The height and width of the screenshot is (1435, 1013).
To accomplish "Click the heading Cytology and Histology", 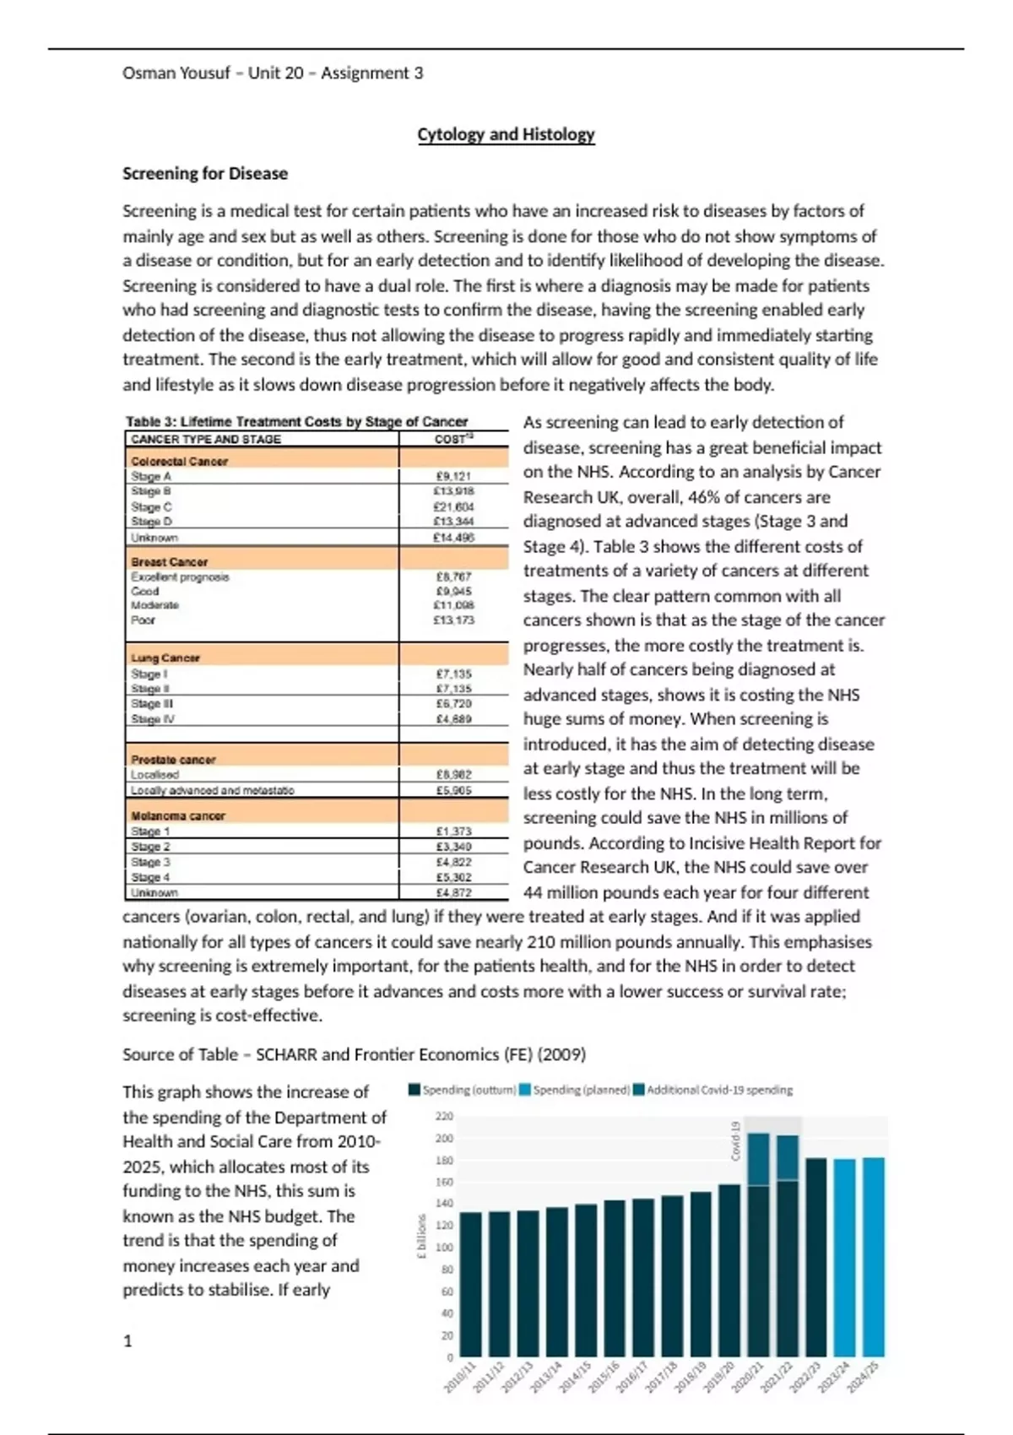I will pyautogui.click(x=506, y=134).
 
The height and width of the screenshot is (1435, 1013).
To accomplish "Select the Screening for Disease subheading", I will pyautogui.click(x=205, y=173).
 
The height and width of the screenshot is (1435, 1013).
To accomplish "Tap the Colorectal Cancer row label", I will pyautogui.click(x=179, y=461).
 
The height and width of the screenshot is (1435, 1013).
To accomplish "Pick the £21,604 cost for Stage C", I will pyautogui.click(x=453, y=506).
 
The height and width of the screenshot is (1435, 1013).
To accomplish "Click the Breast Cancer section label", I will pyautogui.click(x=169, y=561).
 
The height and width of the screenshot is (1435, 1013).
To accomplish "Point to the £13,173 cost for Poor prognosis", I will pyautogui.click(x=454, y=620).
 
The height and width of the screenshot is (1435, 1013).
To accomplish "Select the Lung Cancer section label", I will pyautogui.click(x=165, y=658).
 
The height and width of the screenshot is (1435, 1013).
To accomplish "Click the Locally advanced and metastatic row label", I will pyautogui.click(x=213, y=790).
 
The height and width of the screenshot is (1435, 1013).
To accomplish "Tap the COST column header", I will pyautogui.click(x=453, y=439).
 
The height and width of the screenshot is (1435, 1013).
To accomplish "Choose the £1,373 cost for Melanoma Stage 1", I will pyautogui.click(x=453, y=831).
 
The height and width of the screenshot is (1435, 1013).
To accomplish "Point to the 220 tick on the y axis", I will pyautogui.click(x=444, y=1116).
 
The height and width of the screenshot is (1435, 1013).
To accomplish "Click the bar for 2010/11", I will pyautogui.click(x=471, y=1284).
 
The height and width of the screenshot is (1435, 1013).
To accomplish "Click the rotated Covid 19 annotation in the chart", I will pyautogui.click(x=735, y=1140).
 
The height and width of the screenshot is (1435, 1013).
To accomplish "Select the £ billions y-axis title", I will pyautogui.click(x=420, y=1237).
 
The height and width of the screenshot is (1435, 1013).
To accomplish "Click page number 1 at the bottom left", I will pyautogui.click(x=127, y=1341).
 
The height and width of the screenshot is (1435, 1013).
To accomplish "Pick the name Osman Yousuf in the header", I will pyautogui.click(x=176, y=73).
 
